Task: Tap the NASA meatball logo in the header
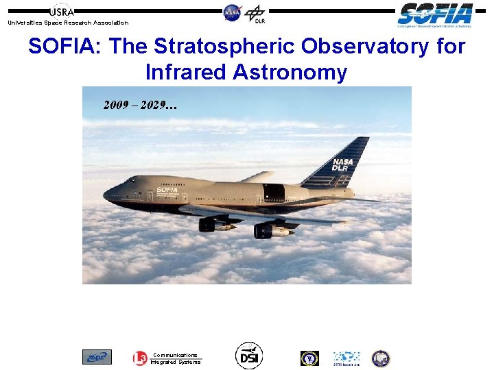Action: point(233,12)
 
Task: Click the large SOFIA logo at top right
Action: point(435,14)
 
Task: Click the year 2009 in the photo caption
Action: point(116,106)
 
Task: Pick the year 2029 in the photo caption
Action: point(158,106)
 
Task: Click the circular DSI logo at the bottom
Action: point(248,355)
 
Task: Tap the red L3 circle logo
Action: point(139,358)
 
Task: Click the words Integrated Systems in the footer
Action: point(176,362)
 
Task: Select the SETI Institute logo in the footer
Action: point(346,358)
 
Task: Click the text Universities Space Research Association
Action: point(67,23)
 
